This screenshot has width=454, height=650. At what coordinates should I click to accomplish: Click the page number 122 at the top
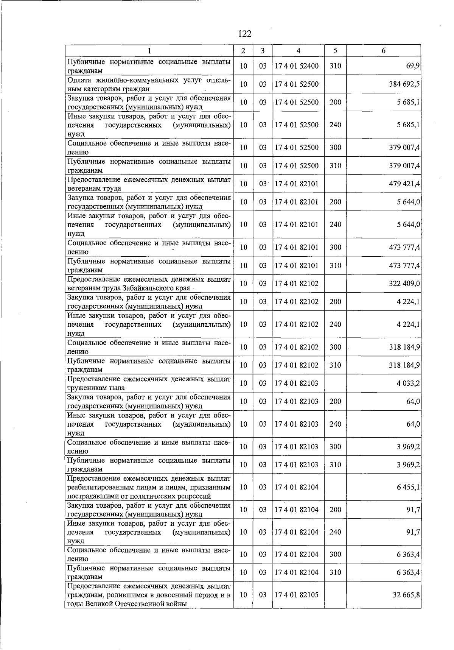[245, 34]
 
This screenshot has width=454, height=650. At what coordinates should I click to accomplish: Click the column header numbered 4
[298, 51]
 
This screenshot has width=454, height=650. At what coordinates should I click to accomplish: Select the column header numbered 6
[383, 51]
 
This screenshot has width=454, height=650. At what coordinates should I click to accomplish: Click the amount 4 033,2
[408, 383]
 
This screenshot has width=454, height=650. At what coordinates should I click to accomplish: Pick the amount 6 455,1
[408, 487]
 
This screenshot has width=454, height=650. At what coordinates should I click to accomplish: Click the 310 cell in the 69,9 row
[335, 66]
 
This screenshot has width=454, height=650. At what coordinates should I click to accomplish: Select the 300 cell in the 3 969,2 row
[335, 447]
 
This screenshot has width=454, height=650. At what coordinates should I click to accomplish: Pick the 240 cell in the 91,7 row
[335, 532]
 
